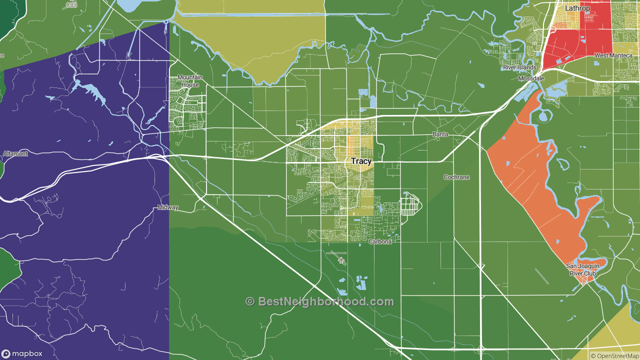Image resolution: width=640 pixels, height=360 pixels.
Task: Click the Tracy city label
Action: (x=361, y=161)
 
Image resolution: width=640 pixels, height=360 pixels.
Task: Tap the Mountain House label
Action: (x=190, y=81)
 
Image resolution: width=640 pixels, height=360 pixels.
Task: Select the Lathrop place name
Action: (x=577, y=8)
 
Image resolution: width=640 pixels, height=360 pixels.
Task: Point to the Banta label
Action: (x=440, y=135)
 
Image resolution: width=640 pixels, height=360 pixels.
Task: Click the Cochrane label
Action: (x=456, y=177)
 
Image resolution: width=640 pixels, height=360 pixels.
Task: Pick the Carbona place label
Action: (x=383, y=242)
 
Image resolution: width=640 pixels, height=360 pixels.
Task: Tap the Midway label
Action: (x=168, y=207)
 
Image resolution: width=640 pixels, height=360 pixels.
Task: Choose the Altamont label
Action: (x=15, y=154)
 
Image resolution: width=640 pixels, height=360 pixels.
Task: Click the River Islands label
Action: (x=519, y=67)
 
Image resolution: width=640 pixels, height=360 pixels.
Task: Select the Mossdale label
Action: (x=530, y=79)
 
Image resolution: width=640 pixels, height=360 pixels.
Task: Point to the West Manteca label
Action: (x=613, y=55)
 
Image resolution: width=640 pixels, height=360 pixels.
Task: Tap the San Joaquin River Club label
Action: (x=582, y=269)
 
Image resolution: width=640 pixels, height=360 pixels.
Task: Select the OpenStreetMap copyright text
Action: (x=614, y=356)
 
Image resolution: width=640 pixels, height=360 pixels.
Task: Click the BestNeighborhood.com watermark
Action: (x=325, y=301)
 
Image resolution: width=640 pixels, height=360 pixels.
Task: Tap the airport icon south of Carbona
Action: (x=341, y=260)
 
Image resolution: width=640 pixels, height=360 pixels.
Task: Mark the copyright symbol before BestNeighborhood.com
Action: (x=250, y=301)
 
